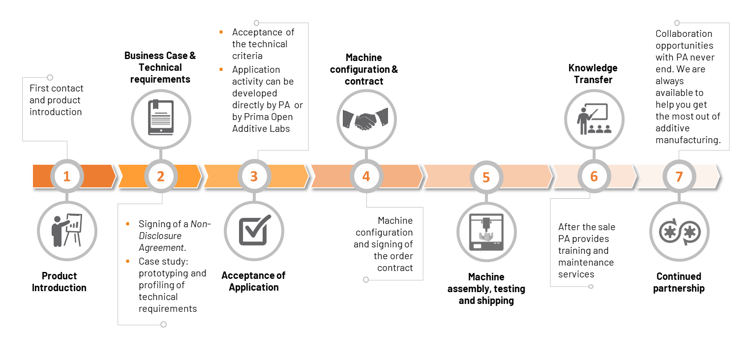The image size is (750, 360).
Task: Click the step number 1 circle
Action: point(67,176)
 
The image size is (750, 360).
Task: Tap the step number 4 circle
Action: point(366,176)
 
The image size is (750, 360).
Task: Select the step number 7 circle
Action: point(679,176)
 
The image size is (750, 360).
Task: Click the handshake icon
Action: point(365,119)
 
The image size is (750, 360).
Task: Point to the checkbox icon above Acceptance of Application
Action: point(254,230)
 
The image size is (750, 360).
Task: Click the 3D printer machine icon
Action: point(486,232)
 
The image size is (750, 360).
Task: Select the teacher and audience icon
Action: point(594,119)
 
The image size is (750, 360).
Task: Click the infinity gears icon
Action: point(679,231)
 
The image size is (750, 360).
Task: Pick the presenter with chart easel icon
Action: point(67,230)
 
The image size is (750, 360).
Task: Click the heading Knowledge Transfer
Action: point(593,74)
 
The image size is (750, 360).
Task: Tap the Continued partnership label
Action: point(679,282)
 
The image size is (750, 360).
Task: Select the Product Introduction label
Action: point(59,282)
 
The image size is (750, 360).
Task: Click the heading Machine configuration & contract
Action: point(364,69)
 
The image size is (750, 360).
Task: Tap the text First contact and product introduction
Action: point(56,100)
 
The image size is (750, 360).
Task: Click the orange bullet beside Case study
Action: point(128,261)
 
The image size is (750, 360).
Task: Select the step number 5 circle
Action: point(486,177)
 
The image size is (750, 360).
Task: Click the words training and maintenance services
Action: point(586,262)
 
